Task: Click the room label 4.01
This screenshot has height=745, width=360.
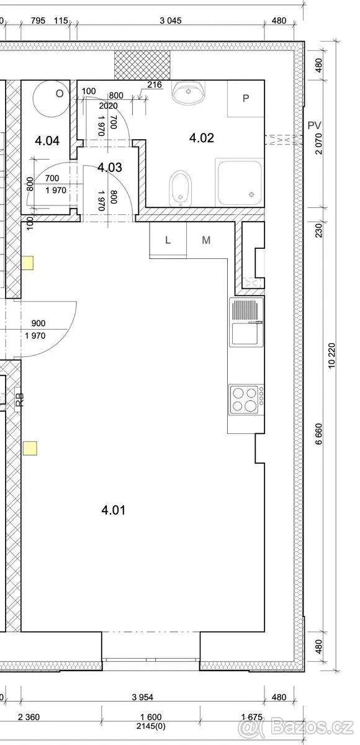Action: click(x=114, y=510)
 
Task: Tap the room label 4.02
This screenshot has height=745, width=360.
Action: click(x=202, y=138)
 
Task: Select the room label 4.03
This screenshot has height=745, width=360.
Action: click(x=110, y=167)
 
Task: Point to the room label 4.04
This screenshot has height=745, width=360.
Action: click(x=47, y=141)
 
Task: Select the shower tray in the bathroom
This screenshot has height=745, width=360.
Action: click(x=240, y=182)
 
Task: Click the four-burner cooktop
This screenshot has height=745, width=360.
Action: click(x=246, y=399)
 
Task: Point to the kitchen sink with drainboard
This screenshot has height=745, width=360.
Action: click(x=246, y=322)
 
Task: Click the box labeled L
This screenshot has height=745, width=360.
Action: click(x=168, y=240)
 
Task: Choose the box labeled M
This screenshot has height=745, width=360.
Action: click(x=207, y=240)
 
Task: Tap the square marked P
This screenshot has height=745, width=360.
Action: click(x=246, y=99)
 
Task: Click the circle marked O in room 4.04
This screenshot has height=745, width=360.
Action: click(x=51, y=98)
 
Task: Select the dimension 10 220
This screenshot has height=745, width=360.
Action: click(x=331, y=355)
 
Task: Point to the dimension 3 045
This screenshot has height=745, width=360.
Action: click(x=171, y=20)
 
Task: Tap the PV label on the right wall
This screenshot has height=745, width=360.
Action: click(x=315, y=125)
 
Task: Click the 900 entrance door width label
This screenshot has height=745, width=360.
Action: click(x=38, y=323)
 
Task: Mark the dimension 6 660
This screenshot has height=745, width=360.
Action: click(x=319, y=434)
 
